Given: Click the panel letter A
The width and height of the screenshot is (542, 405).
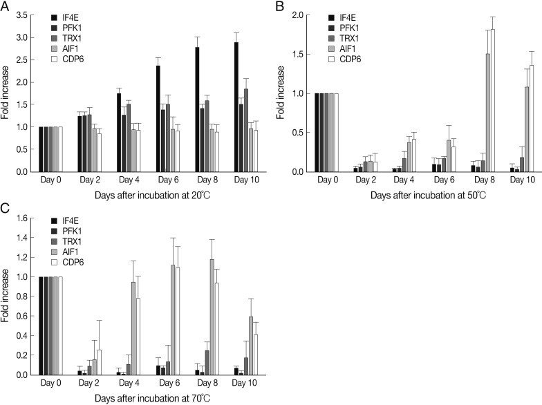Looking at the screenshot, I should [6, 6].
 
